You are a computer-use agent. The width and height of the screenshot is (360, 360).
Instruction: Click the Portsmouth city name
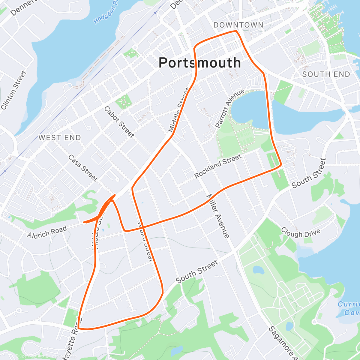pos(199,63)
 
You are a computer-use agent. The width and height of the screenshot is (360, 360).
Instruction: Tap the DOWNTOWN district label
pos(238,25)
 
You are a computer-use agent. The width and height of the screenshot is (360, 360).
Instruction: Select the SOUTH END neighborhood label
pos(326,74)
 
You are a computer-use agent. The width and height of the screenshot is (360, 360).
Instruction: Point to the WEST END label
pos(60,138)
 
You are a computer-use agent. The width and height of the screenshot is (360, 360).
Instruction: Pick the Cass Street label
pos(83,168)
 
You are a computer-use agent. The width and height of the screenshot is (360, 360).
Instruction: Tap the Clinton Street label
pos(14,90)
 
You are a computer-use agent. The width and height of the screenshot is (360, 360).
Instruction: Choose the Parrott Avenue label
pos(230,109)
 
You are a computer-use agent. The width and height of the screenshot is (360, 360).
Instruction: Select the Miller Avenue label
pos(218,216)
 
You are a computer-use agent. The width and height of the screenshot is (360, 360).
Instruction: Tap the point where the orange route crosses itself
pos(143,228)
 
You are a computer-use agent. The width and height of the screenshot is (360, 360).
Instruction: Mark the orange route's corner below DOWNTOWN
pos(237,31)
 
